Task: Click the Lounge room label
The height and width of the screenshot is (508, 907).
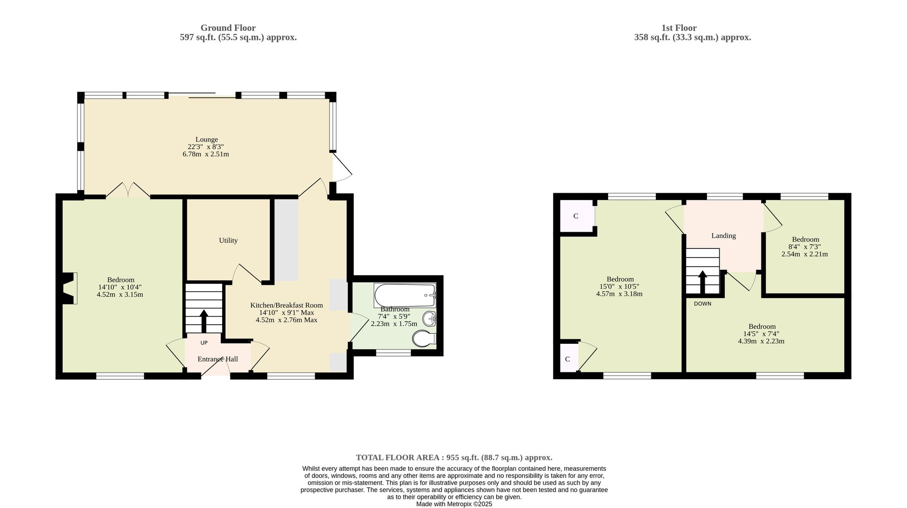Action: click(x=206, y=140)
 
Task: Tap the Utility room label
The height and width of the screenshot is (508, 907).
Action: click(x=228, y=240)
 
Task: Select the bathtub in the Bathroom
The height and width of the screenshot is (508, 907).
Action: click(x=405, y=295)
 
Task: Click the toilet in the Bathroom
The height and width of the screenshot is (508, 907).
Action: click(x=424, y=338)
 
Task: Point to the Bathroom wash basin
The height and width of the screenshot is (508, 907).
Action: click(x=429, y=319)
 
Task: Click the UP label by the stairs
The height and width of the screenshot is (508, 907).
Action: click(x=204, y=343)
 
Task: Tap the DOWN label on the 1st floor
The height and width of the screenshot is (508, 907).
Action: click(x=702, y=304)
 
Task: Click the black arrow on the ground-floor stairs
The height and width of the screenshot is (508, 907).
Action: click(x=204, y=321)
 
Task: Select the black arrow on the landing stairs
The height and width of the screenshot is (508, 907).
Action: click(x=702, y=282)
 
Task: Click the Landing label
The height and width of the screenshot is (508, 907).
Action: click(x=723, y=236)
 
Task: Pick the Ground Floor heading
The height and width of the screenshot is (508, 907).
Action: click(x=228, y=28)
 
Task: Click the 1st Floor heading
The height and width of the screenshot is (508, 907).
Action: click(x=679, y=28)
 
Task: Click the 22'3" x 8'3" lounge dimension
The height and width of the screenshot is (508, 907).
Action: click(x=206, y=147)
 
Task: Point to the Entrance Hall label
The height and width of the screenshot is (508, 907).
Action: click(x=218, y=359)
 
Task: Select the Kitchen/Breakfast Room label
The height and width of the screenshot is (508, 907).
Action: click(x=287, y=305)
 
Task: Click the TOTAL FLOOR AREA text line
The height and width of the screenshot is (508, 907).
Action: click(x=454, y=458)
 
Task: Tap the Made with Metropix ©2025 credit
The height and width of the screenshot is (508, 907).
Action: click(x=454, y=504)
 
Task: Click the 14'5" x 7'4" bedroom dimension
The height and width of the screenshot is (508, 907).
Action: click(x=762, y=334)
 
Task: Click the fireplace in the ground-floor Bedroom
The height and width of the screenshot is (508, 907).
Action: click(x=69, y=288)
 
